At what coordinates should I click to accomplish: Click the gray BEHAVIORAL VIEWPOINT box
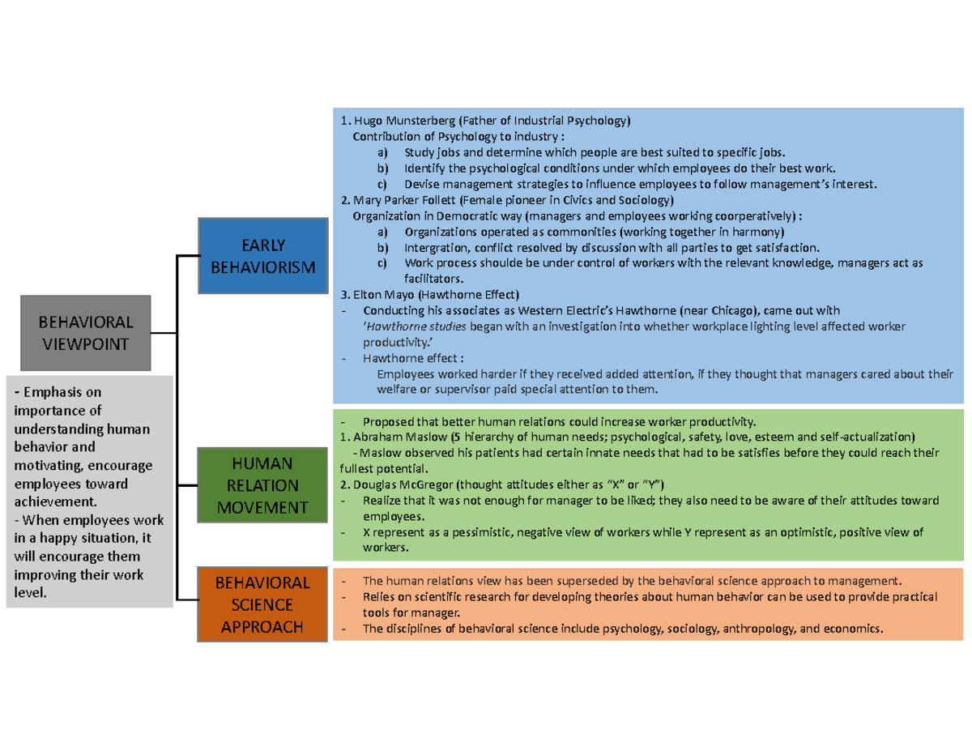coord(85,333)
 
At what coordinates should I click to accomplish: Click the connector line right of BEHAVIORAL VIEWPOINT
coord(163,333)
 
